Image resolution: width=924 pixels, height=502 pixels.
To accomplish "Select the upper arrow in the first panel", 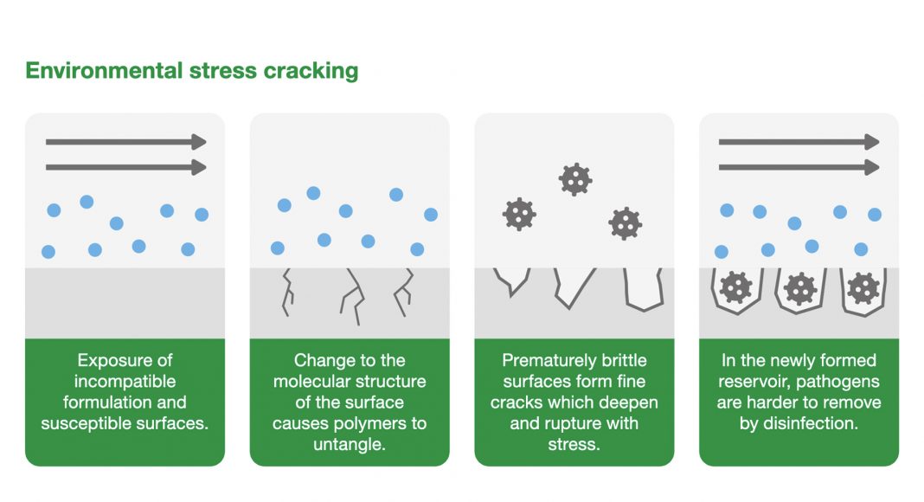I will pyautogui.click(x=125, y=142).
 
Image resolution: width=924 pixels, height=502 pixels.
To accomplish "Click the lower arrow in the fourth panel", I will pyautogui.click(x=799, y=166).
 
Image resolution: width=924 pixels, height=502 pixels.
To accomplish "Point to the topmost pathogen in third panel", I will pyautogui.click(x=574, y=179).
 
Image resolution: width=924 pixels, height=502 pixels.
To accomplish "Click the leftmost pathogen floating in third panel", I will pyautogui.click(x=519, y=213).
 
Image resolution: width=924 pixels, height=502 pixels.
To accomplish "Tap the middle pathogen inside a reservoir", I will pyautogui.click(x=799, y=287).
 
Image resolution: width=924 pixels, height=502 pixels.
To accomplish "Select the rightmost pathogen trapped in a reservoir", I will pyautogui.click(x=863, y=287).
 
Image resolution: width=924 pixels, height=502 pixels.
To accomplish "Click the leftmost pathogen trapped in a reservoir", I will pyautogui.click(x=736, y=287).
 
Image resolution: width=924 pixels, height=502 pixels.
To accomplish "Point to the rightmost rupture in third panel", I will pyautogui.click(x=644, y=289).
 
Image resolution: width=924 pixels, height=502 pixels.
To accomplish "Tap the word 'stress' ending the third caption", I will pyautogui.click(x=574, y=444).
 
